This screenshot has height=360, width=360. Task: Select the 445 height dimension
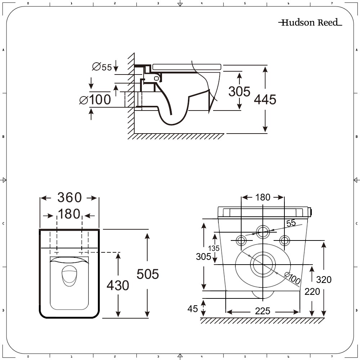tap(265, 99)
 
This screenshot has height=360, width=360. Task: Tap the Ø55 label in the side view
tap(102, 67)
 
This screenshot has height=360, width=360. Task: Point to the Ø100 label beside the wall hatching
tap(95, 100)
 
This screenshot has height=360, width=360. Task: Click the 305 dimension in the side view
tap(239, 91)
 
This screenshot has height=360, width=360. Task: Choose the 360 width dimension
tap(69, 198)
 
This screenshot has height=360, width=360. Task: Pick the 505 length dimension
tap(148, 274)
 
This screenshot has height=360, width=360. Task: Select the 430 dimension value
tap(118, 285)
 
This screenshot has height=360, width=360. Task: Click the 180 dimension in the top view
tap(69, 214)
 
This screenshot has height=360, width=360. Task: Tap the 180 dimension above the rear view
tap(262, 197)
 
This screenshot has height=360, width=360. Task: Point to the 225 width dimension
tap(262, 311)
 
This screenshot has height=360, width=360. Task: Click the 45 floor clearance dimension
tap(193, 309)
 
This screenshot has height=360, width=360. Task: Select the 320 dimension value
tap(324, 279)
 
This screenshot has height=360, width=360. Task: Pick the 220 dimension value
tap(312, 291)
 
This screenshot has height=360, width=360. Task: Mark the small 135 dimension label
tap(213, 248)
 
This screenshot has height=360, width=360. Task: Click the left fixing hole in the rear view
tap(241, 240)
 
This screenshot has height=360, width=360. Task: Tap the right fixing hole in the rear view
tap(284, 240)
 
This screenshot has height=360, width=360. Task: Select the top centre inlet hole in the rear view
tap(262, 231)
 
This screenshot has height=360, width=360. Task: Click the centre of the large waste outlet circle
tap(263, 264)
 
